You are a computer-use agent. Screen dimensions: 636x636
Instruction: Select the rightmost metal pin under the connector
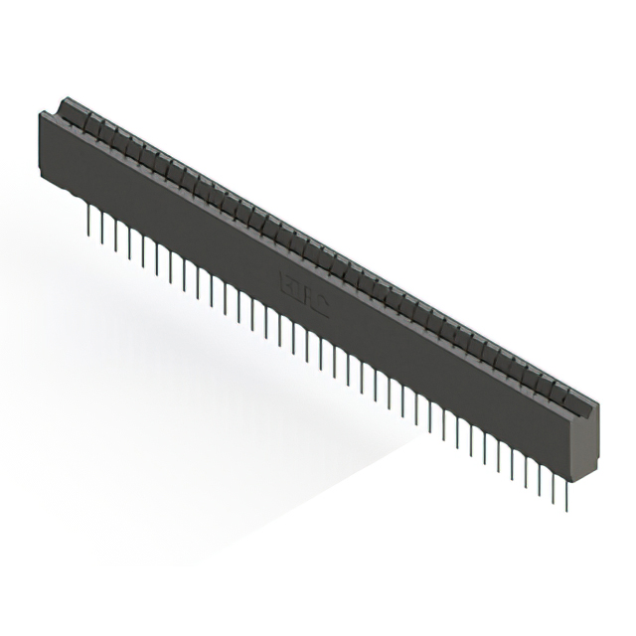565,497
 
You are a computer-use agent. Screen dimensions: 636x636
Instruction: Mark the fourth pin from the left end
129,244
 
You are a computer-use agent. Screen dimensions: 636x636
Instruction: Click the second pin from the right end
553,489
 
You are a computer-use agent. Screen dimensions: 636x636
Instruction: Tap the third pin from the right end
539,481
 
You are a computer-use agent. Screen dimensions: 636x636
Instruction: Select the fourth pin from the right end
525,473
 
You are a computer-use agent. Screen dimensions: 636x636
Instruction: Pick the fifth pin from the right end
511,465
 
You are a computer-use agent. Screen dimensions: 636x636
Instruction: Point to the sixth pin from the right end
497,457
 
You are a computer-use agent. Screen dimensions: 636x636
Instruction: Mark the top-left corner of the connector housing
42,115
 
